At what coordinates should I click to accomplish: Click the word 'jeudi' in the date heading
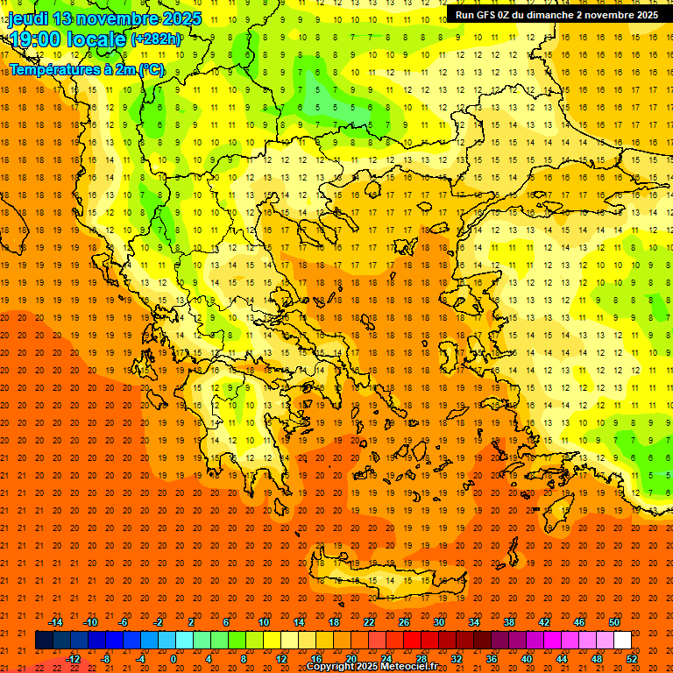point(27,18)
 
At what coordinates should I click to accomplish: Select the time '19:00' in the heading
point(34,39)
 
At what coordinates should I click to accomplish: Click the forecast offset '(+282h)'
point(156,39)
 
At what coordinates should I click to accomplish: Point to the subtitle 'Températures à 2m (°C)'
point(86,68)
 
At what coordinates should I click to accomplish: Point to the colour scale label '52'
point(632,658)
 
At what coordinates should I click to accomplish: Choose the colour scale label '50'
point(614,622)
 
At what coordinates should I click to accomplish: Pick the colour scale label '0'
point(174,658)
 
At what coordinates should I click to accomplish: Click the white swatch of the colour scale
point(622,641)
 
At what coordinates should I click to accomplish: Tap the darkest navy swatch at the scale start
point(44,641)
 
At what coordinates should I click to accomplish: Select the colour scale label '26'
point(404,622)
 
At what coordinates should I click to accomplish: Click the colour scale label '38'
point(509,622)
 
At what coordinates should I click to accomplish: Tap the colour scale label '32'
point(456,658)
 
